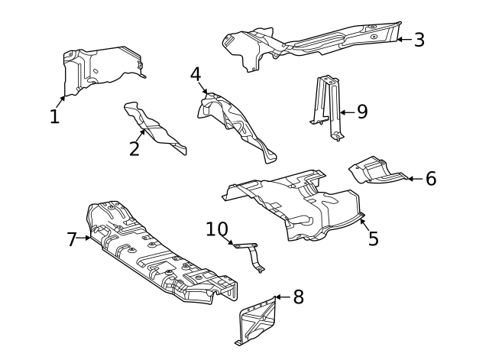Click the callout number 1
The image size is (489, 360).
point(54,117)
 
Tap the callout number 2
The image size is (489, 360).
point(134,148)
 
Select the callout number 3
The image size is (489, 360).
point(419,40)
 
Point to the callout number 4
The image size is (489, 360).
point(196,75)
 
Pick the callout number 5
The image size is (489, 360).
point(373,238)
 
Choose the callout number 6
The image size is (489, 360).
point(431,179)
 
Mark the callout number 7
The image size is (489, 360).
point(73,240)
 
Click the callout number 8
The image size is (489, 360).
point(298,297)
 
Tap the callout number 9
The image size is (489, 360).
point(361,112)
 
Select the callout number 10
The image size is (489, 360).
point(217,229)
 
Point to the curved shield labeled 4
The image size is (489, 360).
point(237,122)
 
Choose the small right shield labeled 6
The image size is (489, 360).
point(374,171)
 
